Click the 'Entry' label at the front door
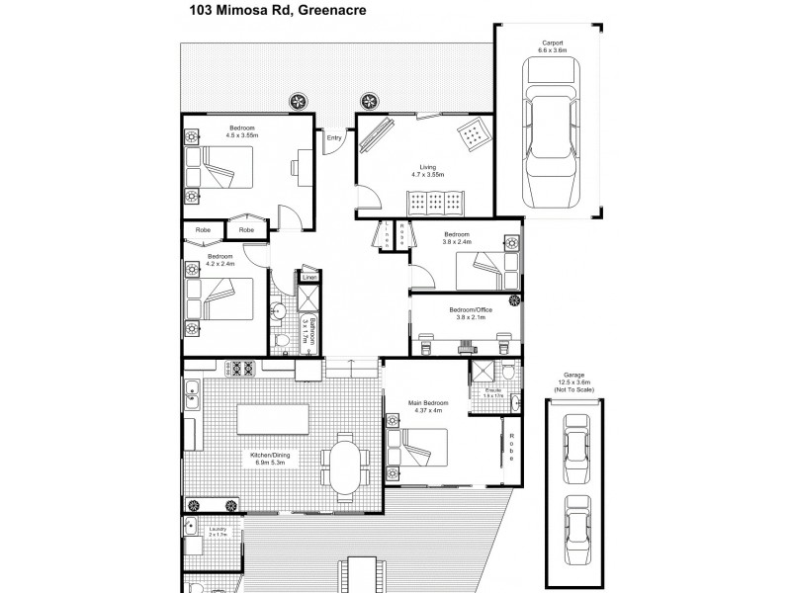pos(334,138)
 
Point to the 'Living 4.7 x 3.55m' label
pos(427,171)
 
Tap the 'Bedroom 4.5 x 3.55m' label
pos(243,131)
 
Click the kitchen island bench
pos(271,421)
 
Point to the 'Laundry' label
pos(217,532)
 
